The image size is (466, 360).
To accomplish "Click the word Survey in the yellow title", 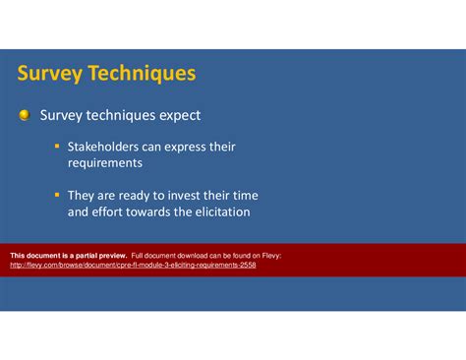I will tap(49, 74).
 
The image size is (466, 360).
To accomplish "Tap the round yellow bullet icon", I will tap(24, 116).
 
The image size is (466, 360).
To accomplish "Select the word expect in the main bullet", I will tap(176, 116).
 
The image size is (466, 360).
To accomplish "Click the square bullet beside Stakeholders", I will tap(57, 147).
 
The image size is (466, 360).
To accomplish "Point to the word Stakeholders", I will tap(106, 148).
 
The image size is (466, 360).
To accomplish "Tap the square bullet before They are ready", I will tap(57, 195).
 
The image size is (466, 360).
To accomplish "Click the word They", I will tap(83, 196).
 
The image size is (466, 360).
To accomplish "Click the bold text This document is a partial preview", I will tap(68, 255).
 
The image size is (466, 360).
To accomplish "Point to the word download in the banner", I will tap(198, 255).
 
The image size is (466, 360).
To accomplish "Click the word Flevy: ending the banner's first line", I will tap(268, 255).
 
